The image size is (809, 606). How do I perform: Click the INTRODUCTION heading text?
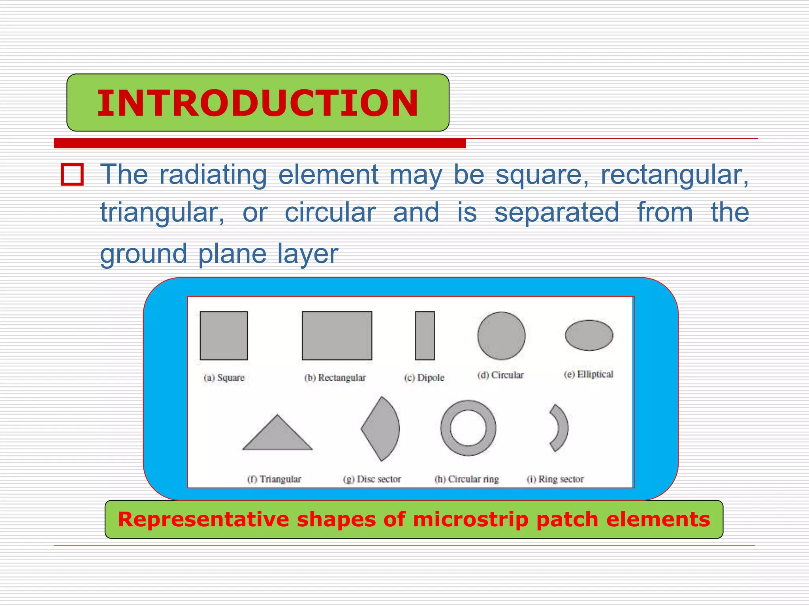click(258, 103)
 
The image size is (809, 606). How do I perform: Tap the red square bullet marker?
click(72, 174)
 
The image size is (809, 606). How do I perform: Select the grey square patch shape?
click(224, 336)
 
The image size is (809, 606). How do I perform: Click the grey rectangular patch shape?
click(337, 336)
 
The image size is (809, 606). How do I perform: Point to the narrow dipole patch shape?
click(425, 336)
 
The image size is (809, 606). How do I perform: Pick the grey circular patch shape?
click(501, 336)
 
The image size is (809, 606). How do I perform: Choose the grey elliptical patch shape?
click(589, 335)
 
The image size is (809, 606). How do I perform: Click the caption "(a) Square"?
click(224, 378)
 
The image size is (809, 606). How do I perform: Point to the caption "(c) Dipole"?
click(424, 378)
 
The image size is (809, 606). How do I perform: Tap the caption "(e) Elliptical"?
click(589, 374)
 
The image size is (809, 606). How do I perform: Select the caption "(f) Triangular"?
click(274, 479)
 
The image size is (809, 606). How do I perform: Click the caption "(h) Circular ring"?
click(467, 479)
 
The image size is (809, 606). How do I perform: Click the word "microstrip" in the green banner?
click(470, 519)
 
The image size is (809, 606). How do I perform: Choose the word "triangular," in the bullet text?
click(162, 213)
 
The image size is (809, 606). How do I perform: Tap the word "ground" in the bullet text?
click(143, 254)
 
